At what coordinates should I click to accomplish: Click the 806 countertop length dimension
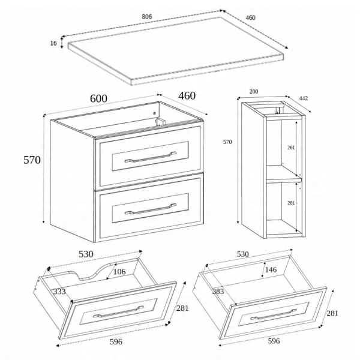coord(147,17)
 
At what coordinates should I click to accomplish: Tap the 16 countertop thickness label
coord(53,43)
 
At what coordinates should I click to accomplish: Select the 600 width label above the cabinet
coord(98,98)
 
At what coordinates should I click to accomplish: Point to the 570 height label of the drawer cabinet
coord(32,160)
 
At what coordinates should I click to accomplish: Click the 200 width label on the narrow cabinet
coord(254,91)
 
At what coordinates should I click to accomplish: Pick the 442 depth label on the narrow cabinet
coord(303,98)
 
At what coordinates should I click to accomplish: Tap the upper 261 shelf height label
coord(291,148)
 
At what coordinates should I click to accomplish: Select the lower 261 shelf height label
coord(291,203)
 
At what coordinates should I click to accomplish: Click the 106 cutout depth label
coord(119,272)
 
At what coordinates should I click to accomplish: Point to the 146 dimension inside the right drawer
coord(271,269)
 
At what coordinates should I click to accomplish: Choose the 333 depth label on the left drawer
coord(59,292)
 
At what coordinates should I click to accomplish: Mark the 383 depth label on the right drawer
coord(218,292)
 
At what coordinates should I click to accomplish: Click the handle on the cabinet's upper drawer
coord(151,157)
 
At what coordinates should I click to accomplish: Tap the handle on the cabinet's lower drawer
coord(151,209)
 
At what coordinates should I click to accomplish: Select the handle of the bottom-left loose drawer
coord(118,311)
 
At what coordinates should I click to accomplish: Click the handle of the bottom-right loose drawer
coord(274,314)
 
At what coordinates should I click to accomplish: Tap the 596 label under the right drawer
coord(274,341)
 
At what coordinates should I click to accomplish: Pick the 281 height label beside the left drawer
coord(182,308)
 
